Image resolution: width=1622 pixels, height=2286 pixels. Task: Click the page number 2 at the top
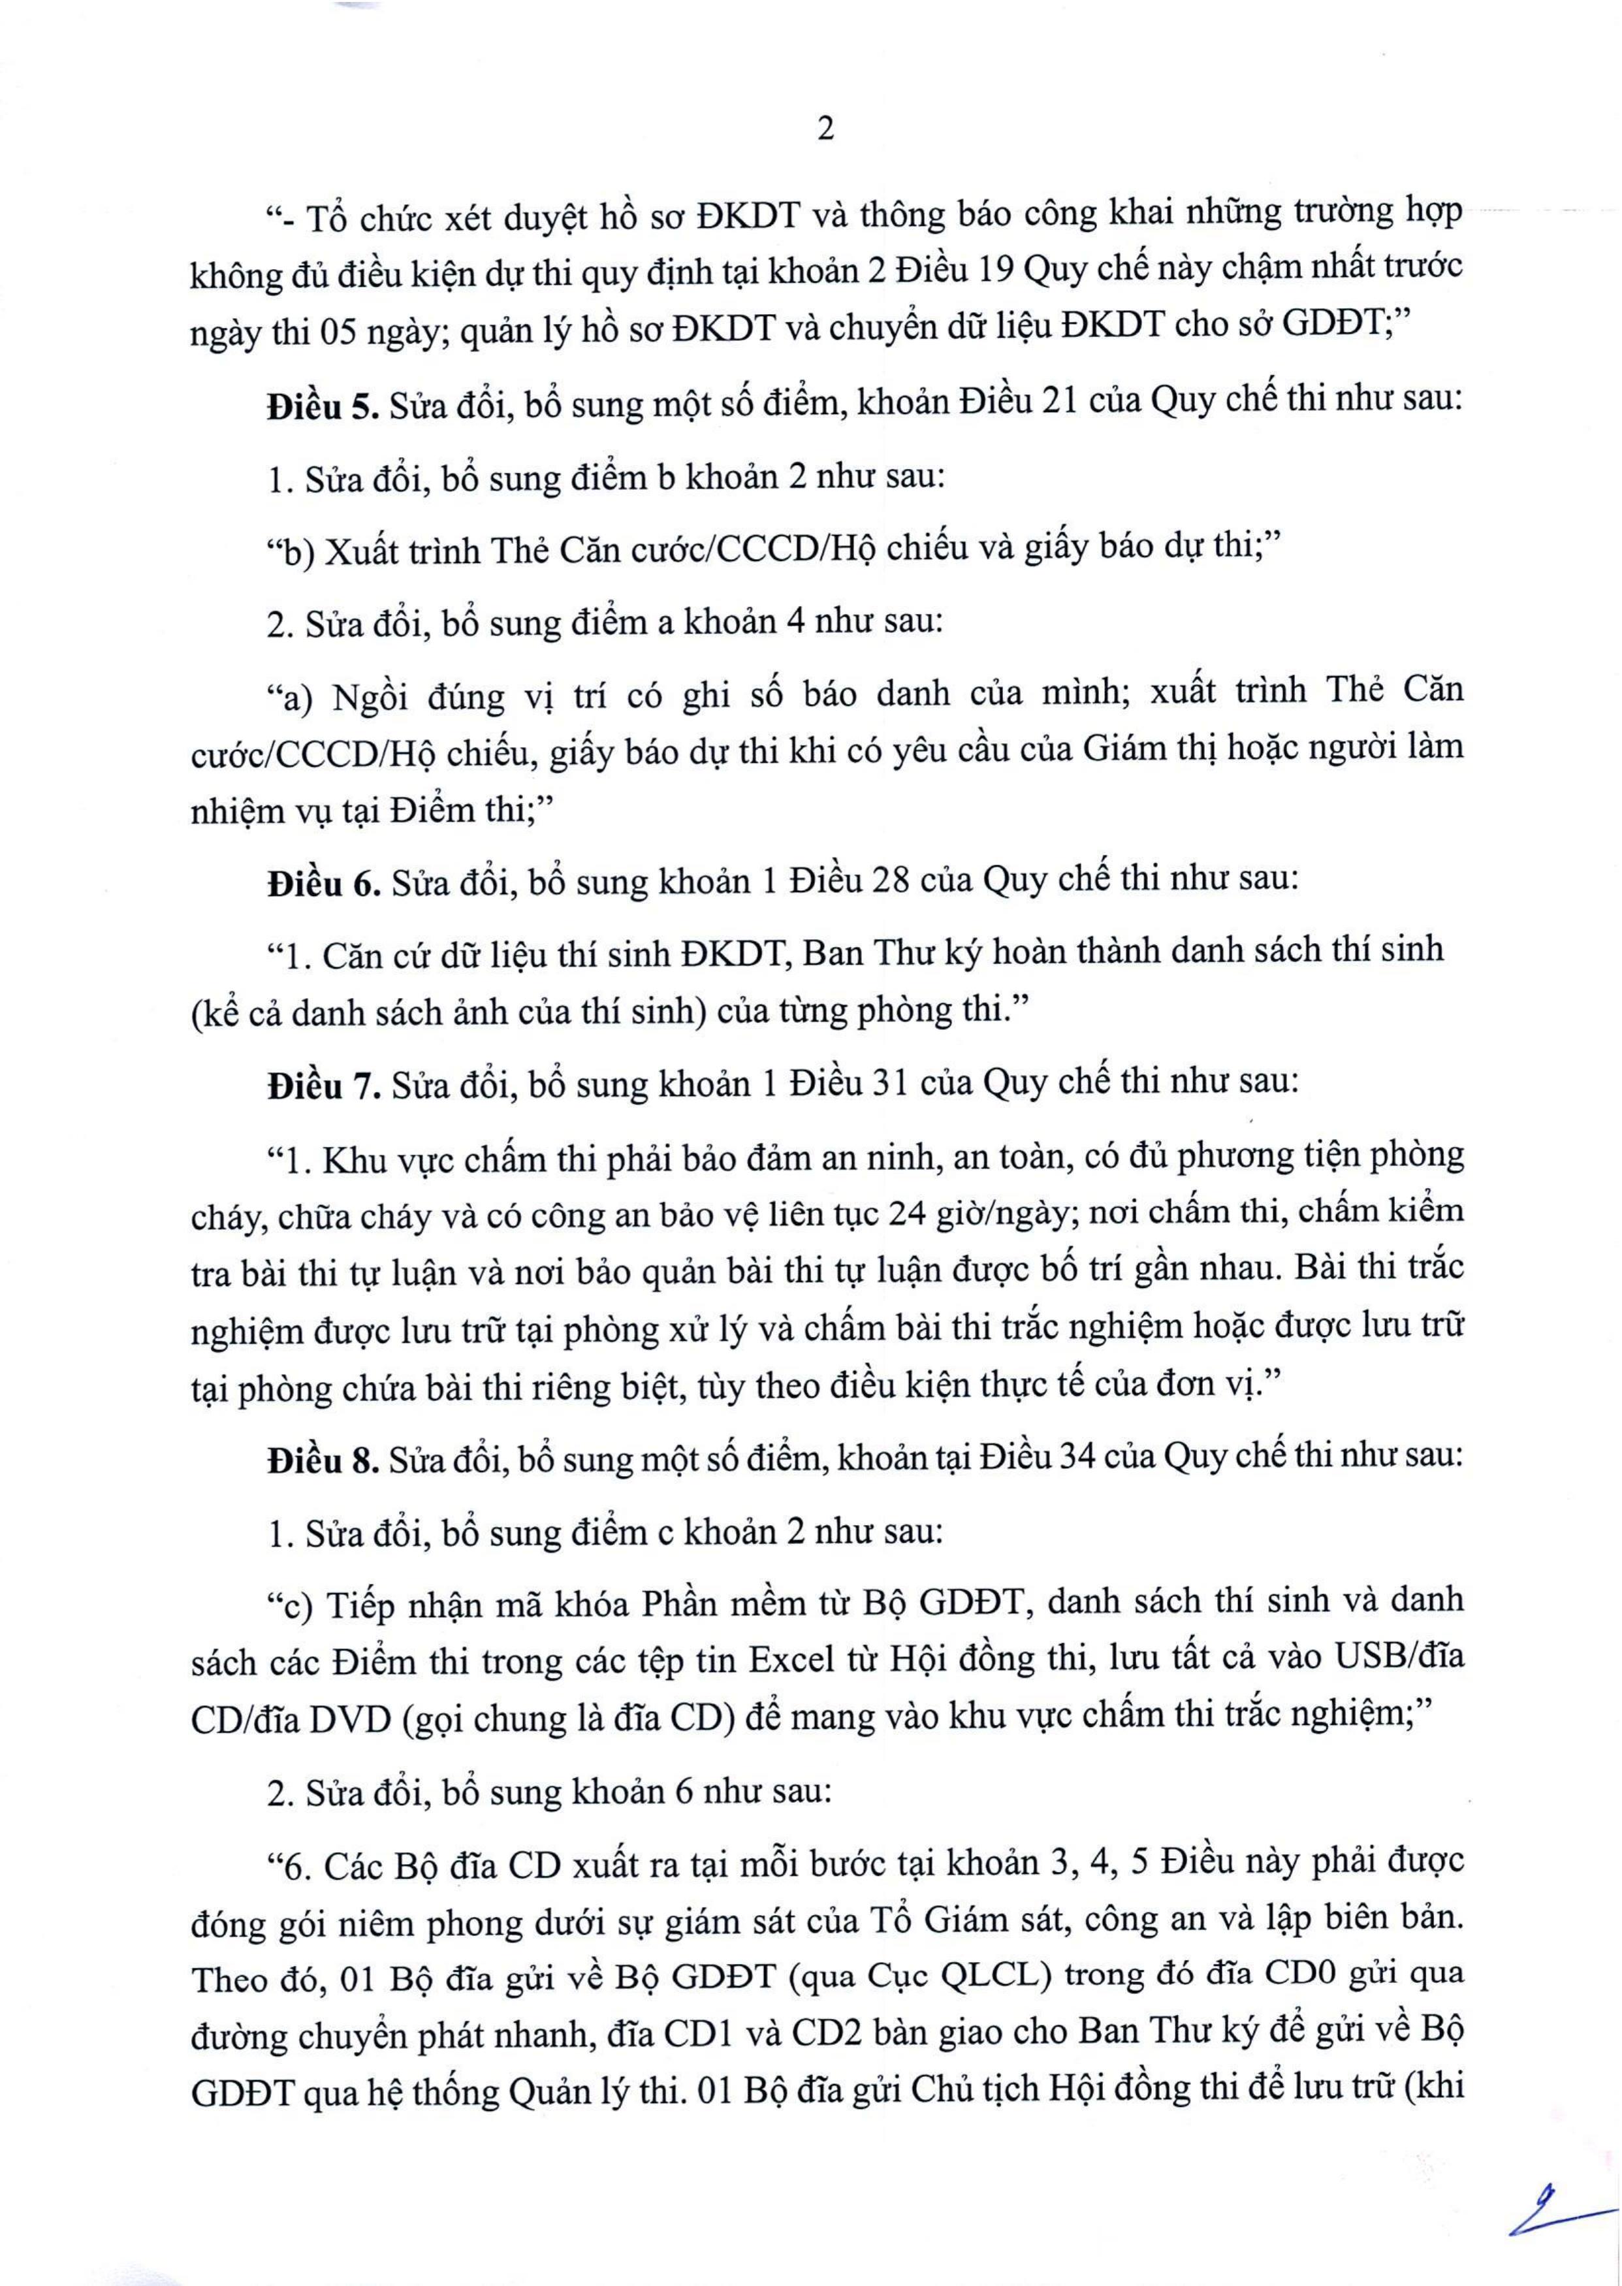point(825,131)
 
